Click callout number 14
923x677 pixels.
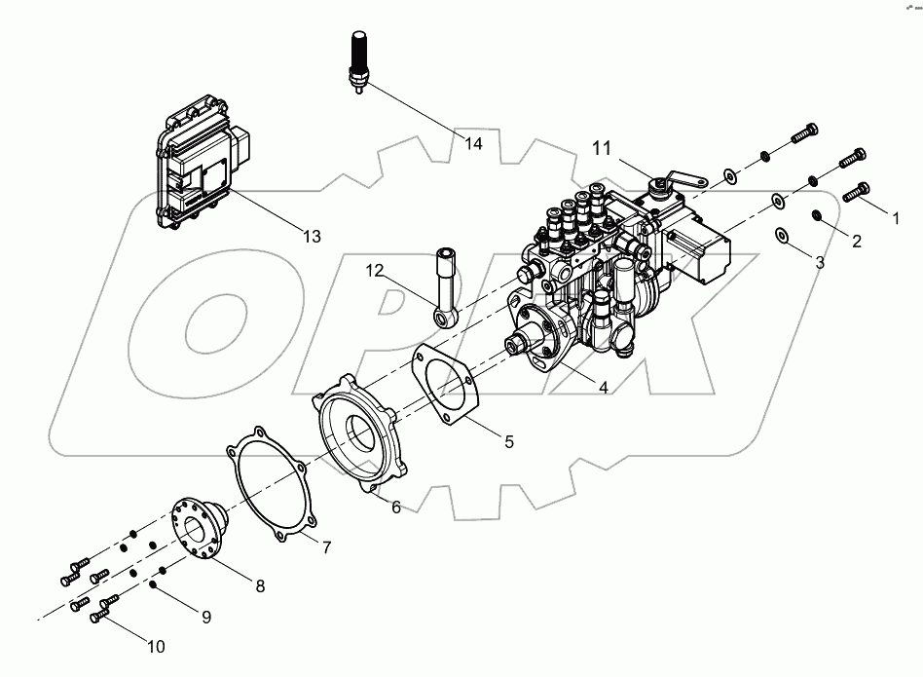click(x=473, y=144)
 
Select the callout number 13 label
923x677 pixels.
click(x=311, y=237)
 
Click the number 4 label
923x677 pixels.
click(x=604, y=387)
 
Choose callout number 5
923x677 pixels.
click(x=508, y=441)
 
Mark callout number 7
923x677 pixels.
click(x=326, y=547)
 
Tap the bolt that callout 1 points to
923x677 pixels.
click(x=855, y=192)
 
